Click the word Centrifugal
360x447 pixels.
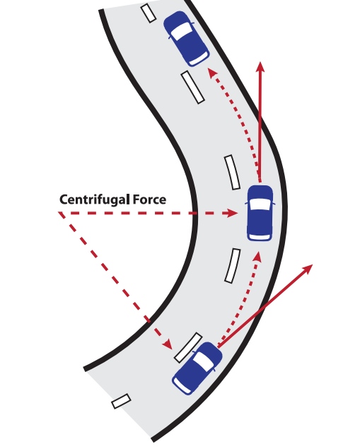click(95, 200)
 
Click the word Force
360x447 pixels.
click(150, 199)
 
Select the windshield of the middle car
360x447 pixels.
click(260, 204)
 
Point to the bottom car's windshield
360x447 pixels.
click(204, 361)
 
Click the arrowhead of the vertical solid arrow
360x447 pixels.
click(260, 67)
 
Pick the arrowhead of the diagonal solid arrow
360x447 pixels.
click(307, 269)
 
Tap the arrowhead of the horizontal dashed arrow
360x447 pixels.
click(233, 213)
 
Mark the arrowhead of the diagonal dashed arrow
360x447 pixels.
click(168, 344)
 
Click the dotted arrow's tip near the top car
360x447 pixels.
click(211, 72)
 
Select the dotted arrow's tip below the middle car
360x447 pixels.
click(258, 256)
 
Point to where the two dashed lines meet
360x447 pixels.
click(59, 213)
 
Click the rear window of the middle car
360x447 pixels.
click(260, 237)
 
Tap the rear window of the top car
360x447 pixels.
click(199, 59)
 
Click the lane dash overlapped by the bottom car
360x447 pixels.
click(188, 347)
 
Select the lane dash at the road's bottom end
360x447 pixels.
click(121, 401)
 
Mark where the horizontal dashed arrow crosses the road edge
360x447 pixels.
click(194, 213)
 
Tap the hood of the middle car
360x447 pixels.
click(260, 192)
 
